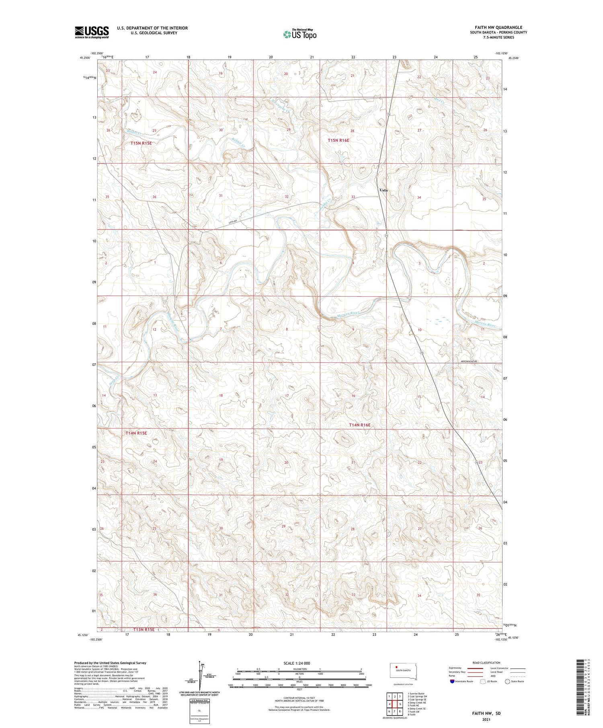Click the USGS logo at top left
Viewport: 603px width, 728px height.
pos(92,32)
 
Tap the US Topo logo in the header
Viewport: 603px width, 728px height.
pos(299,35)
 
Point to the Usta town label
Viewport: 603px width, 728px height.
pos(384,190)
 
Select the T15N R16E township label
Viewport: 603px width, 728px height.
pos(338,140)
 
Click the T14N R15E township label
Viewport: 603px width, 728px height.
pos(136,433)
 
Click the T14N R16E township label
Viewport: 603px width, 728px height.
pos(359,425)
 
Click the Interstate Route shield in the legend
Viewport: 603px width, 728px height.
pos(452,681)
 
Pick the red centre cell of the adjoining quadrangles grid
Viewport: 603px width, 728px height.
pos(395,704)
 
